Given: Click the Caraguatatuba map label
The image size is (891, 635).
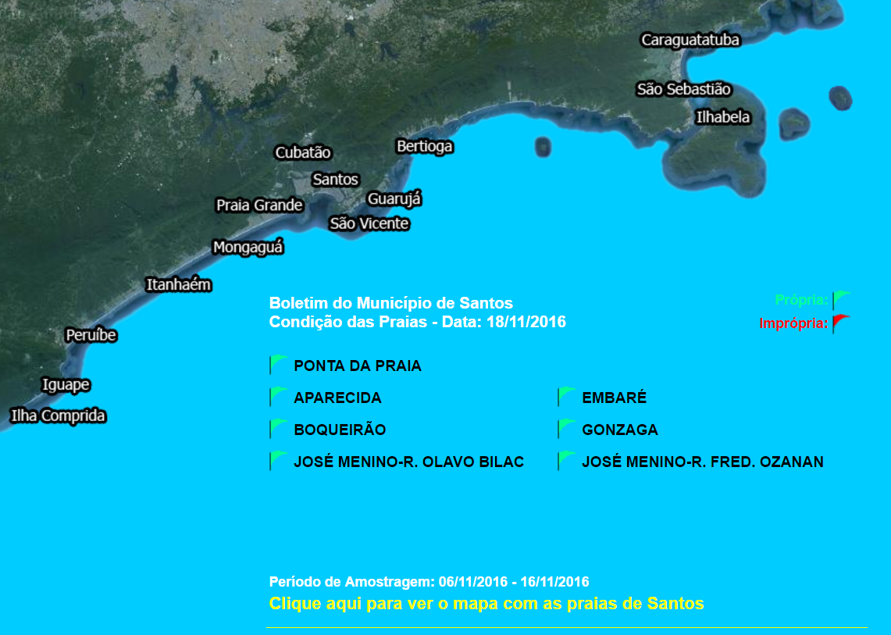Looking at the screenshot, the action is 690,40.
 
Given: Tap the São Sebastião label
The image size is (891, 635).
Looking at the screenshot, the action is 683,89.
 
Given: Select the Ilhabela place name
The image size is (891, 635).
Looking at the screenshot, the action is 722,117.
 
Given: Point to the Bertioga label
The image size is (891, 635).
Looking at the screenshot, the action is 424,146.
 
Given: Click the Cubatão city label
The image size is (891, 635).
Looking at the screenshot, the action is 303,152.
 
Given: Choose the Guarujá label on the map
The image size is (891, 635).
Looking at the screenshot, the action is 394,199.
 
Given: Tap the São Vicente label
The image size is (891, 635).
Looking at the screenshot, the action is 369,223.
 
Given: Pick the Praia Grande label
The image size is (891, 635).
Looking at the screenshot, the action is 259,205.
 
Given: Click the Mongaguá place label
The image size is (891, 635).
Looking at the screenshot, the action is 248,248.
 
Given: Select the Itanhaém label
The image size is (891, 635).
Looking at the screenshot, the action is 179,284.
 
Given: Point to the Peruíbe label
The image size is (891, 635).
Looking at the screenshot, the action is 91,335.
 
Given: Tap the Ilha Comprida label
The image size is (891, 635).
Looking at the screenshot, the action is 58,416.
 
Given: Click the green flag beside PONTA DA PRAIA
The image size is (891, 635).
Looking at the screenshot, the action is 278,365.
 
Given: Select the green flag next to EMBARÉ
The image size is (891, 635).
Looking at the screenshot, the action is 566,397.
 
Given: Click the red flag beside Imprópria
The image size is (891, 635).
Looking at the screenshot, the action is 840,323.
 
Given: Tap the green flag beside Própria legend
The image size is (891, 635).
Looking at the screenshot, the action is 840,299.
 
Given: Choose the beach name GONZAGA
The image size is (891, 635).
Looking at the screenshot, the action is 619,430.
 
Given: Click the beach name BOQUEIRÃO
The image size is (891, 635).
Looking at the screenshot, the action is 340,430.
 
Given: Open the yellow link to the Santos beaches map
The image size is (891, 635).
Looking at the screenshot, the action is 486,604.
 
